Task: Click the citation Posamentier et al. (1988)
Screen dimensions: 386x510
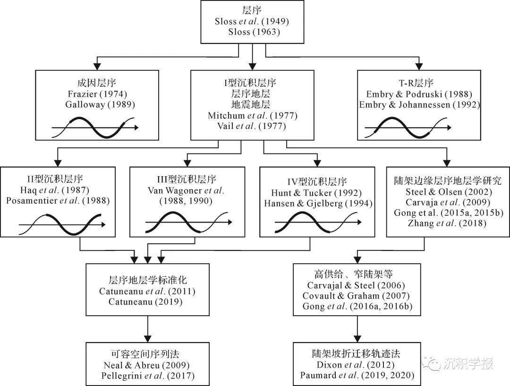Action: coord(59,201)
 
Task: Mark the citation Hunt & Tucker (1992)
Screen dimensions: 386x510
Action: coord(310,193)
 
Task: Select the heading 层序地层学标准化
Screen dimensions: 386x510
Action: coord(148,281)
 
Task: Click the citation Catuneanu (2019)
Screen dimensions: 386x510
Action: coord(148,301)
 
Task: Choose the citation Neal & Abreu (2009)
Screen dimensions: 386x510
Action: coord(148,365)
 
